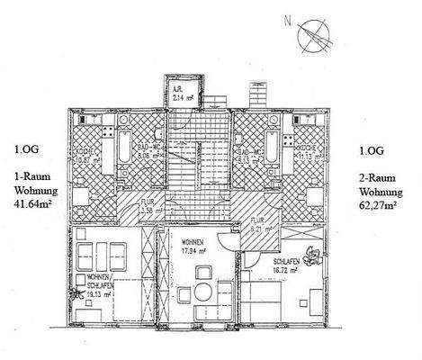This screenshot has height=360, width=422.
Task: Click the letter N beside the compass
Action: [287, 18]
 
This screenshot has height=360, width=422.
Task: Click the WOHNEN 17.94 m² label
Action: [195, 249]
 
